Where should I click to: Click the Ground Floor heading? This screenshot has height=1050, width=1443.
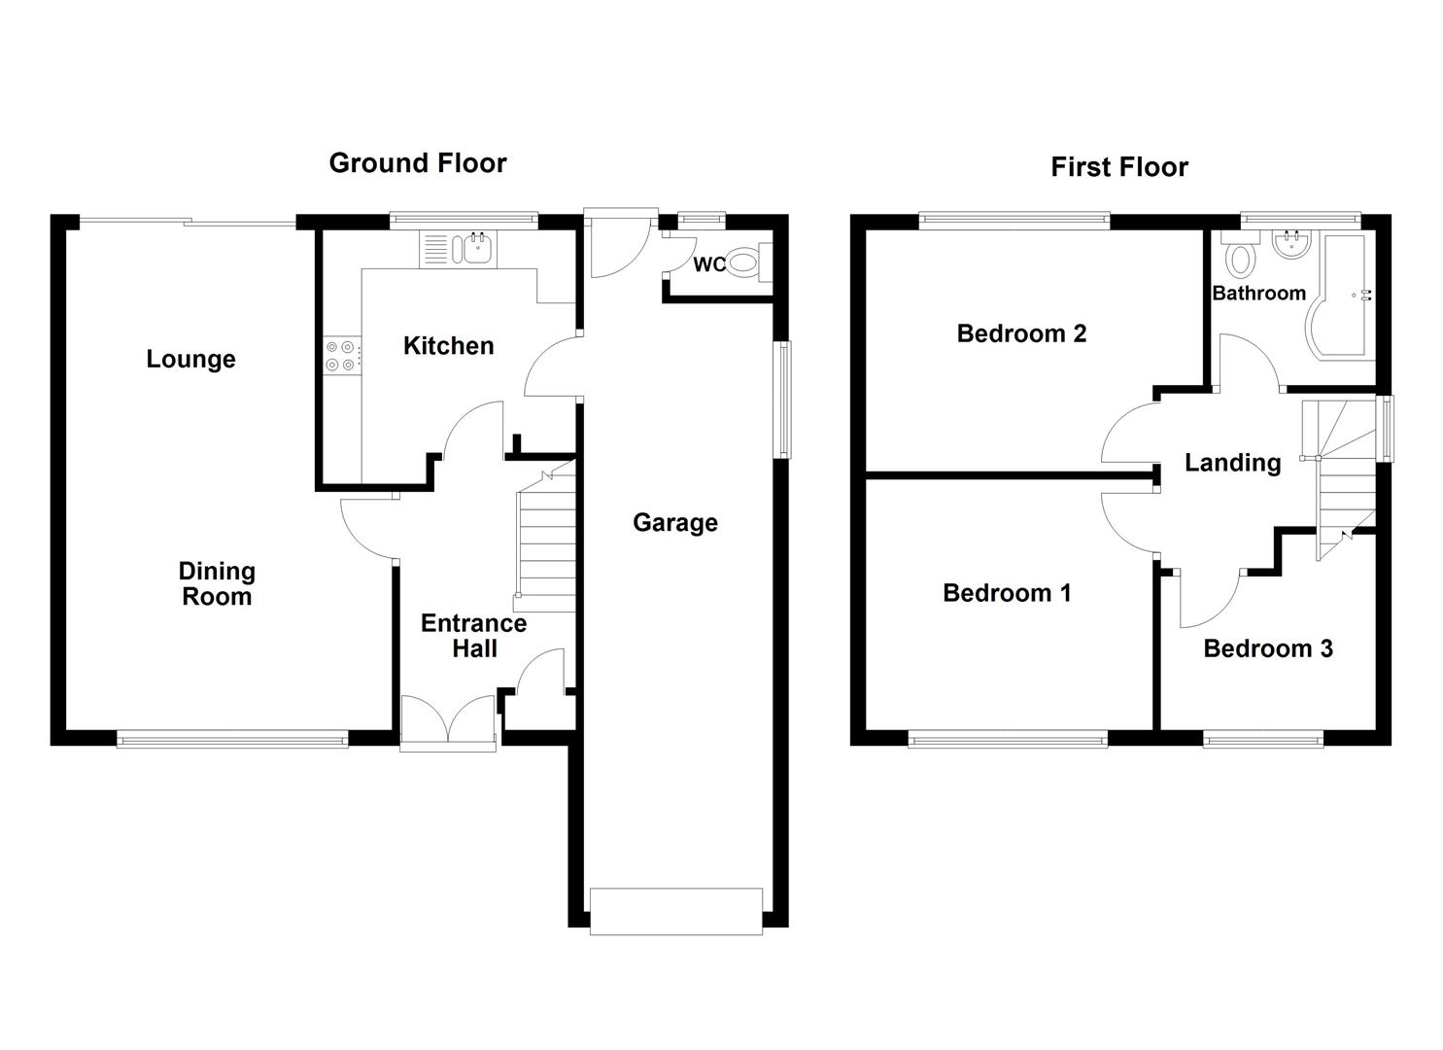click(x=418, y=162)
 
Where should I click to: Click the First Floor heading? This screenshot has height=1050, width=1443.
click(x=1119, y=167)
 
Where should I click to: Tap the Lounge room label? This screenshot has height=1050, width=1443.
click(x=190, y=359)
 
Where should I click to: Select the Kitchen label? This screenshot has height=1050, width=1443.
click(x=448, y=345)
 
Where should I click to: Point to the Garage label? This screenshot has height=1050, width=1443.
click(x=675, y=522)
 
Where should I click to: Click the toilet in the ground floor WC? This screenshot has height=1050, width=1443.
click(x=742, y=262)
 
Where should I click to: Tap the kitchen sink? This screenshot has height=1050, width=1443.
click(x=477, y=249)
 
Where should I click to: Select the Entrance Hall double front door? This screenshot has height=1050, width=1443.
click(x=448, y=721)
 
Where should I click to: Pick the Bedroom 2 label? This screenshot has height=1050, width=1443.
click(x=1021, y=333)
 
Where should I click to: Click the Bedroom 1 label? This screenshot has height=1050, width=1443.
click(x=1007, y=593)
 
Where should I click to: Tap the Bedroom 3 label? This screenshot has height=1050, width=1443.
click(x=1267, y=648)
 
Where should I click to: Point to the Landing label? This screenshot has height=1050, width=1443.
click(x=1232, y=463)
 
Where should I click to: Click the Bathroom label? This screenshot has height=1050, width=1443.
click(x=1258, y=293)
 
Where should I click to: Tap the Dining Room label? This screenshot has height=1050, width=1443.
click(x=217, y=584)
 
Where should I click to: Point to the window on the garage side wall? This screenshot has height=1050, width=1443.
click(x=782, y=399)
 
